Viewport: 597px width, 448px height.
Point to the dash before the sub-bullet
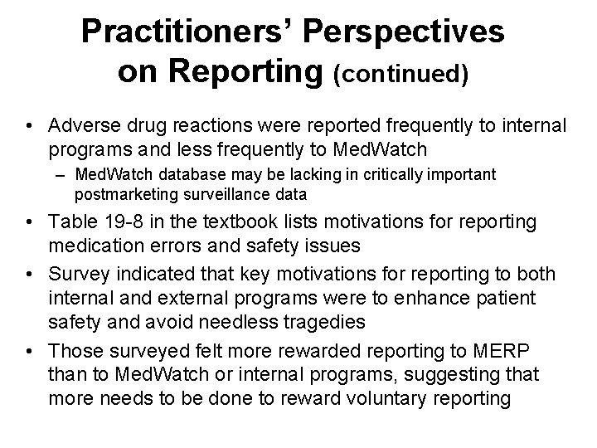[x=63, y=175]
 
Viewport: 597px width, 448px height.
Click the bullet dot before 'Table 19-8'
[x=29, y=222]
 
